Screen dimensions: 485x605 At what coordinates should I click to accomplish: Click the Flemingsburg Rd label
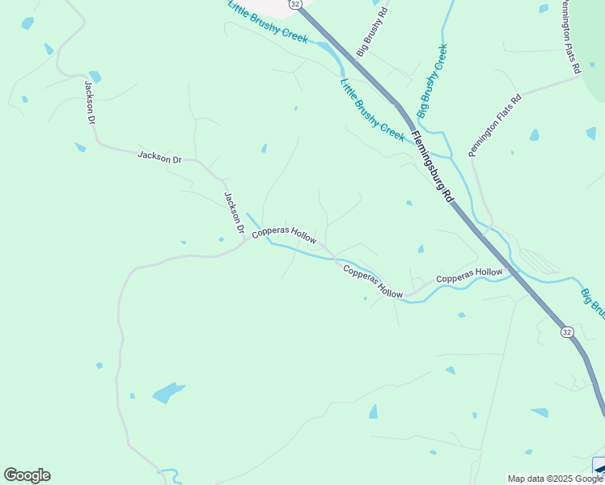coord(433,168)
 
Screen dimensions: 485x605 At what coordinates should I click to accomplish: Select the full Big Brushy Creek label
coord(433,78)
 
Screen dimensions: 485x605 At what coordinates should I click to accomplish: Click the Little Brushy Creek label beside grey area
coord(268,22)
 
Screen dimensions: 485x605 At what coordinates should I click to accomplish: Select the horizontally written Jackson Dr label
coord(159,157)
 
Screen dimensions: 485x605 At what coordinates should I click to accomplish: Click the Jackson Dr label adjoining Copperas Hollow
coord(234,213)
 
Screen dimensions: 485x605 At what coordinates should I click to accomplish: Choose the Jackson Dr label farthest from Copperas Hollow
coord(90,101)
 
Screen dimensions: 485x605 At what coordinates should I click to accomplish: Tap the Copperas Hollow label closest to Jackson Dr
coord(283,234)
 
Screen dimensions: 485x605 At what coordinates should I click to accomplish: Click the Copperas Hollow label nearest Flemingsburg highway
coord(469,276)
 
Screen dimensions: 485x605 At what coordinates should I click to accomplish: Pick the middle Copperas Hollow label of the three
coord(373,281)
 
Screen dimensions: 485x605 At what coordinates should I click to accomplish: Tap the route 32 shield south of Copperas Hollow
coord(567,331)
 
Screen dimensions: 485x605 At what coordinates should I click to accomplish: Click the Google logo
coord(27,475)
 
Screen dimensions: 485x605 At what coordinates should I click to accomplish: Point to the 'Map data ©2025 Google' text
coord(555,479)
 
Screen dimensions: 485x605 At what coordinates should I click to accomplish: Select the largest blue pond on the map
coord(167,393)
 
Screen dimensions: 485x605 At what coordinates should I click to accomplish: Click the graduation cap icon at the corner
coord(599,470)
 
